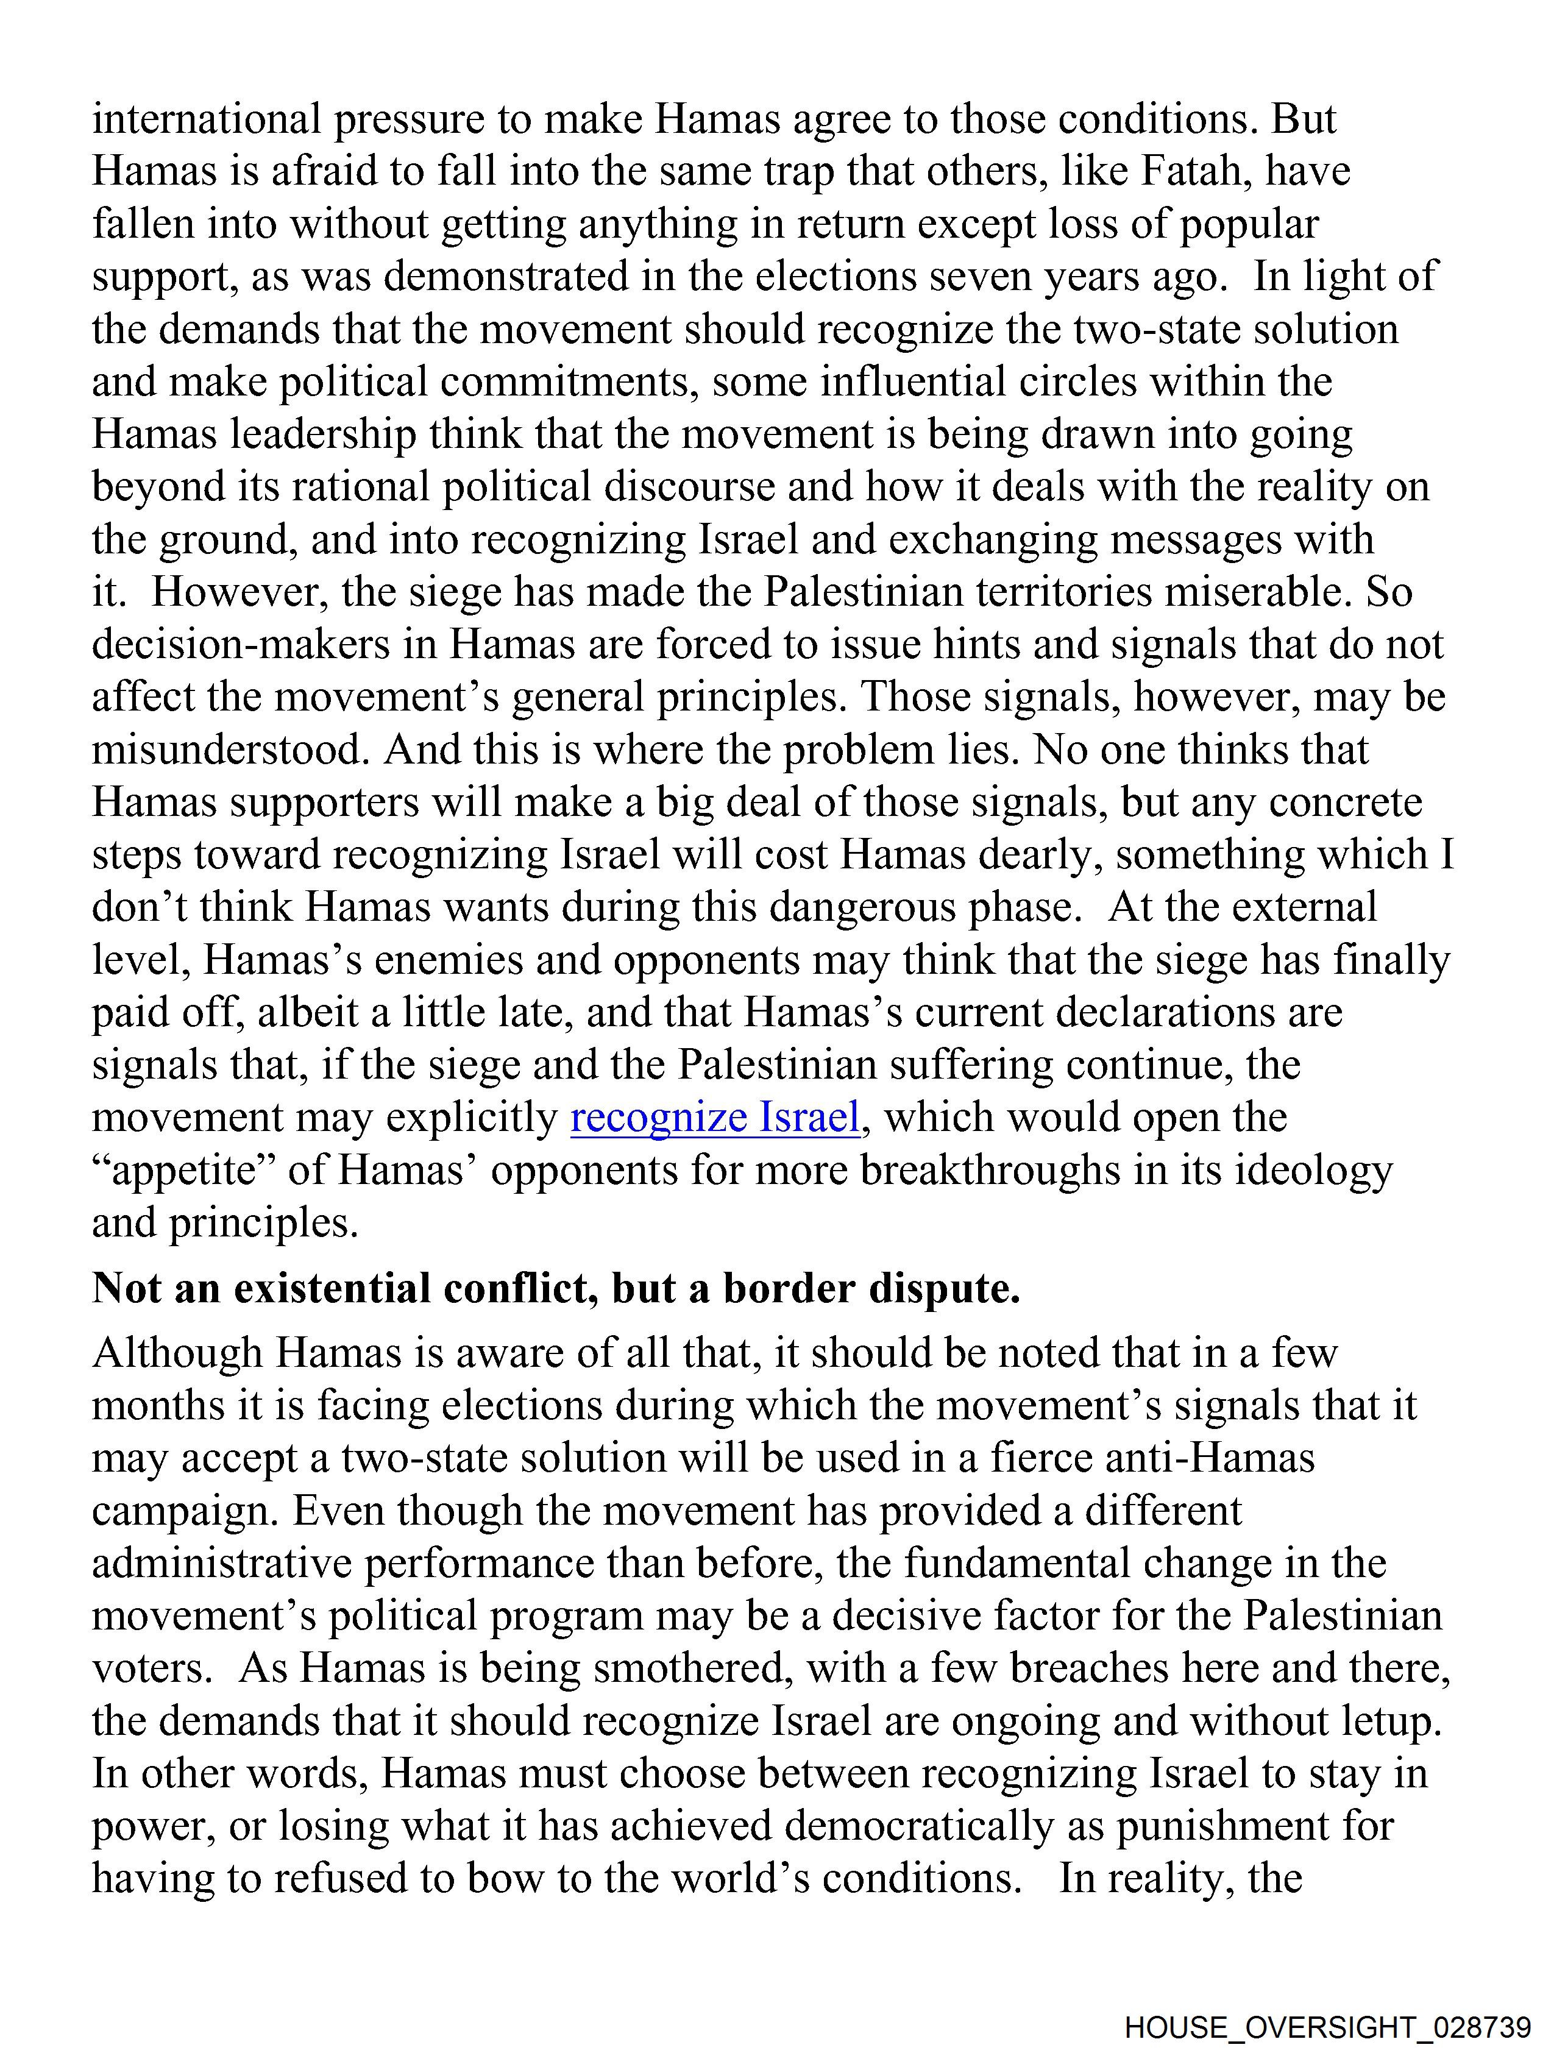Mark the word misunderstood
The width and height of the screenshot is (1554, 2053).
coord(225,749)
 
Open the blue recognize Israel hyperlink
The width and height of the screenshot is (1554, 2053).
coord(715,1116)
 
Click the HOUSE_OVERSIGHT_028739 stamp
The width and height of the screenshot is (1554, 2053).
coord(1327,2024)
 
